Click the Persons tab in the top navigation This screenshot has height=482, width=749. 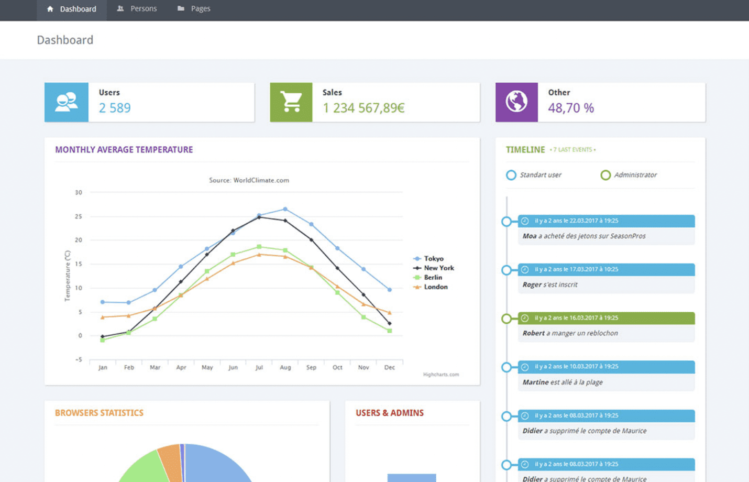pyautogui.click(x=137, y=9)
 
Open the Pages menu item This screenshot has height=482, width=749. pyautogui.click(x=194, y=9)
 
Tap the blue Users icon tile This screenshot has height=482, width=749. pyautogui.click(x=67, y=102)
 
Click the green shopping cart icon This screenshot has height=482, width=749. pyautogui.click(x=291, y=102)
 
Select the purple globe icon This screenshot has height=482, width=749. pyautogui.click(x=516, y=102)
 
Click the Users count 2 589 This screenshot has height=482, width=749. pyautogui.click(x=115, y=108)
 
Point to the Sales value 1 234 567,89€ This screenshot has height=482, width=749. pyautogui.click(x=364, y=108)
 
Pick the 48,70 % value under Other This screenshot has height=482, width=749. pyautogui.click(x=571, y=108)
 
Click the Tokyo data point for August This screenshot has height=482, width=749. pyautogui.click(x=285, y=209)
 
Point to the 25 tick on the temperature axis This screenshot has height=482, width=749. pyautogui.click(x=79, y=216)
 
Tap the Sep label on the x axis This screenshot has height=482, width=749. pyautogui.click(x=311, y=367)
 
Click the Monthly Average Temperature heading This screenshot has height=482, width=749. pyautogui.click(x=124, y=150)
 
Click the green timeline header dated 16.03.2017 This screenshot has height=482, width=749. pyautogui.click(x=606, y=318)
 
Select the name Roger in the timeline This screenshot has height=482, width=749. pyautogui.click(x=532, y=284)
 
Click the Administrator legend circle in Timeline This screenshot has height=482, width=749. pyautogui.click(x=605, y=175)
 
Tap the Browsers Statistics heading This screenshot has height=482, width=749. pyautogui.click(x=99, y=413)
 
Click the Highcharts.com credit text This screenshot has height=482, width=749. pyautogui.click(x=441, y=375)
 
